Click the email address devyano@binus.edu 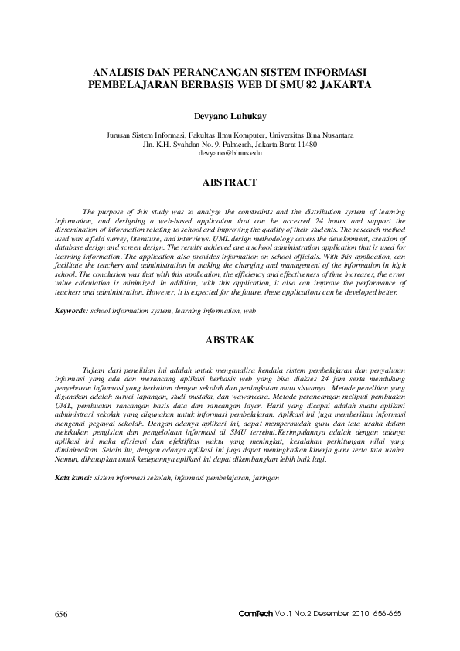coord(230,153)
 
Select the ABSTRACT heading coord(230,183)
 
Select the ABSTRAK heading coord(230,339)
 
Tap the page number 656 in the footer coord(62,614)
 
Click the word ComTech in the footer coord(257,614)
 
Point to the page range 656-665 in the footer coord(385,614)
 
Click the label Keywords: coord(71,310)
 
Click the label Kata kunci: coord(73,478)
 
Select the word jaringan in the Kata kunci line coord(263,478)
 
